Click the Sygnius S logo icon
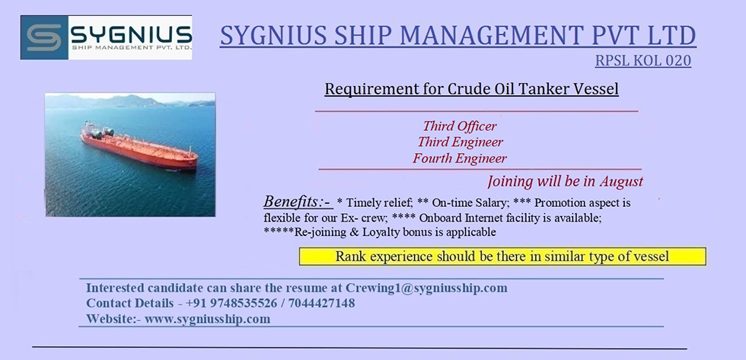tap(44, 37)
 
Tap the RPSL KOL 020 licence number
tap(642, 61)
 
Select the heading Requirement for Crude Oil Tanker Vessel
tap(471, 89)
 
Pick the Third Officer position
tap(460, 126)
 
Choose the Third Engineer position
tap(460, 142)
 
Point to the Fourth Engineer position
tap(460, 158)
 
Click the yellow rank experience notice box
tap(502, 256)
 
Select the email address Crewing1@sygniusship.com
tap(426, 288)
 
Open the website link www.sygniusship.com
tap(207, 319)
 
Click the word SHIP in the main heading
tap(362, 36)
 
